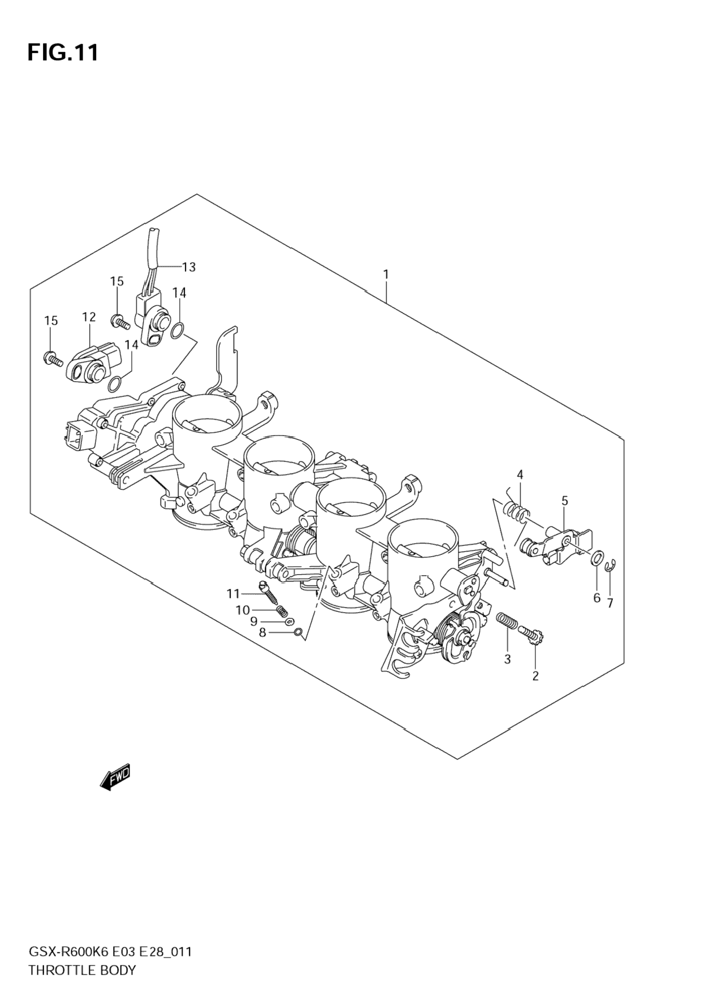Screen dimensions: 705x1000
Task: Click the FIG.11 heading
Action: (x=63, y=53)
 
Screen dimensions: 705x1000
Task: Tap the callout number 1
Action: (x=386, y=274)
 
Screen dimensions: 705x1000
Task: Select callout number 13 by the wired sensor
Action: (x=189, y=266)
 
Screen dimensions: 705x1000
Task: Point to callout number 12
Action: (x=89, y=317)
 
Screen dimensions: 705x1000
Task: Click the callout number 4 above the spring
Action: (x=520, y=474)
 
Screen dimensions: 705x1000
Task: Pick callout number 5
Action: (x=564, y=501)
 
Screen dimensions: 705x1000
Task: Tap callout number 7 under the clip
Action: (x=610, y=604)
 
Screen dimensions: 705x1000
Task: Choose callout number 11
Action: (x=233, y=593)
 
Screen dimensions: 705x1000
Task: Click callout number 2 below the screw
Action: (x=535, y=675)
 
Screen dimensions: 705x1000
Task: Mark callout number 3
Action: (x=507, y=659)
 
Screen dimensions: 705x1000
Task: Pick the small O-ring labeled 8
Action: (x=298, y=632)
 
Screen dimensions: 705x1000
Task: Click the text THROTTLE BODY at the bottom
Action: (x=82, y=970)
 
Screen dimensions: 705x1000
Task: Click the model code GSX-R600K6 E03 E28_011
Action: (x=110, y=952)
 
